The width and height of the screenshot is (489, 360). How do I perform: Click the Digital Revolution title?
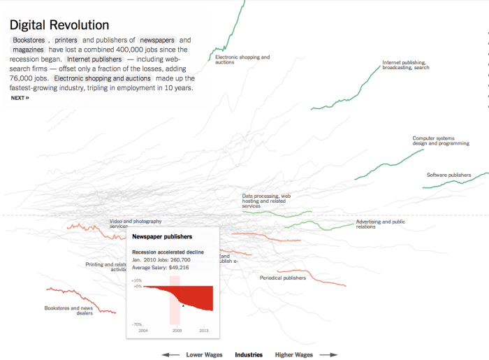(59, 25)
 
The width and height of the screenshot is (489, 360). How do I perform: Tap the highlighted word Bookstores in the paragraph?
(29, 41)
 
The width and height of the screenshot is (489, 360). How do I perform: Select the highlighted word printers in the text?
(66, 41)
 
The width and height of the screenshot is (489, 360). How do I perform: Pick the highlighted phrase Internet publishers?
(94, 59)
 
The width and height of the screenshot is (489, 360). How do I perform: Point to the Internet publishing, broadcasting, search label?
(405, 65)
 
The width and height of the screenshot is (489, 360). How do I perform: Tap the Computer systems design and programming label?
(440, 141)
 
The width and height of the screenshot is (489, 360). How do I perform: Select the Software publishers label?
(448, 175)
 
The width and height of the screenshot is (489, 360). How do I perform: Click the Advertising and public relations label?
(380, 224)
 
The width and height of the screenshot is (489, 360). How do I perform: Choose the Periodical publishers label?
(282, 278)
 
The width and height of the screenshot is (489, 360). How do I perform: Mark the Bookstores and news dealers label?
(68, 310)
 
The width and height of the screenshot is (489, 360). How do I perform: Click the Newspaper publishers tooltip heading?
(163, 237)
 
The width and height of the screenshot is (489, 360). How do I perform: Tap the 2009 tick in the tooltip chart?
(177, 330)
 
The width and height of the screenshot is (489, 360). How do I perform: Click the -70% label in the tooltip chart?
(136, 324)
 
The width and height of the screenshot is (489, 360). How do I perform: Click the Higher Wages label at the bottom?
(294, 354)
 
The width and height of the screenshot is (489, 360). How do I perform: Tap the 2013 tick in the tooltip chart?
(204, 330)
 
